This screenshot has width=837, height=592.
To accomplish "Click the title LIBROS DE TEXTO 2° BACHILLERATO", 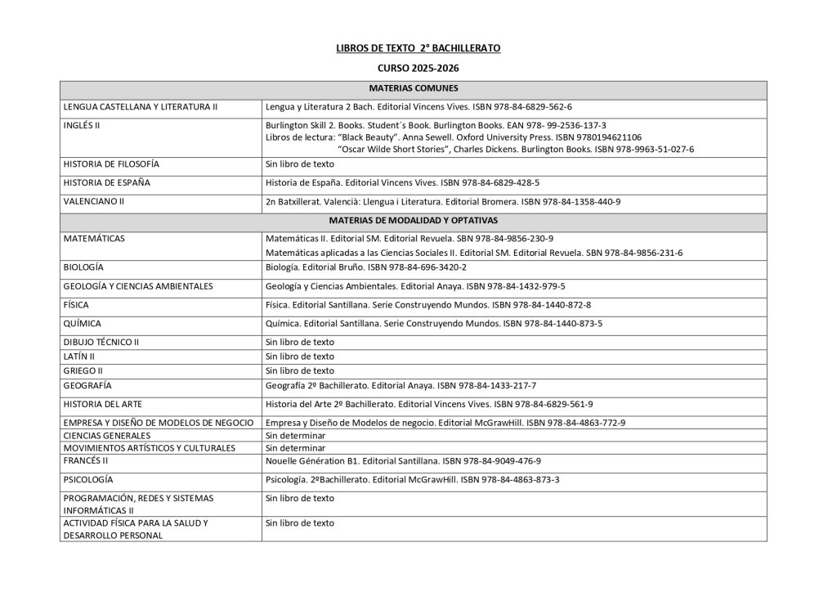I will (x=418, y=49).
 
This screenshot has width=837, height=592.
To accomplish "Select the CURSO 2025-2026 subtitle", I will (x=418, y=71).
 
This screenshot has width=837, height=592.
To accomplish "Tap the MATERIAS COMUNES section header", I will (x=413, y=88).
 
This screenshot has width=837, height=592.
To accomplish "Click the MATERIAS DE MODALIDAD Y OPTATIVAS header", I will (x=413, y=221).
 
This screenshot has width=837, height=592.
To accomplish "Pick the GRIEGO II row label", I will (x=83, y=370).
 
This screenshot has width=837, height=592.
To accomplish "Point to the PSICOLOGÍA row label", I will (x=88, y=479).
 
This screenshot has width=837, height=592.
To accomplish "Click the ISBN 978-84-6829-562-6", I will (x=524, y=107).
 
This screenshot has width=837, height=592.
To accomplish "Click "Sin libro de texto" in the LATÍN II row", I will (x=300, y=357).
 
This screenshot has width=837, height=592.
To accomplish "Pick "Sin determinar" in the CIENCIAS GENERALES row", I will (x=295, y=436).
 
